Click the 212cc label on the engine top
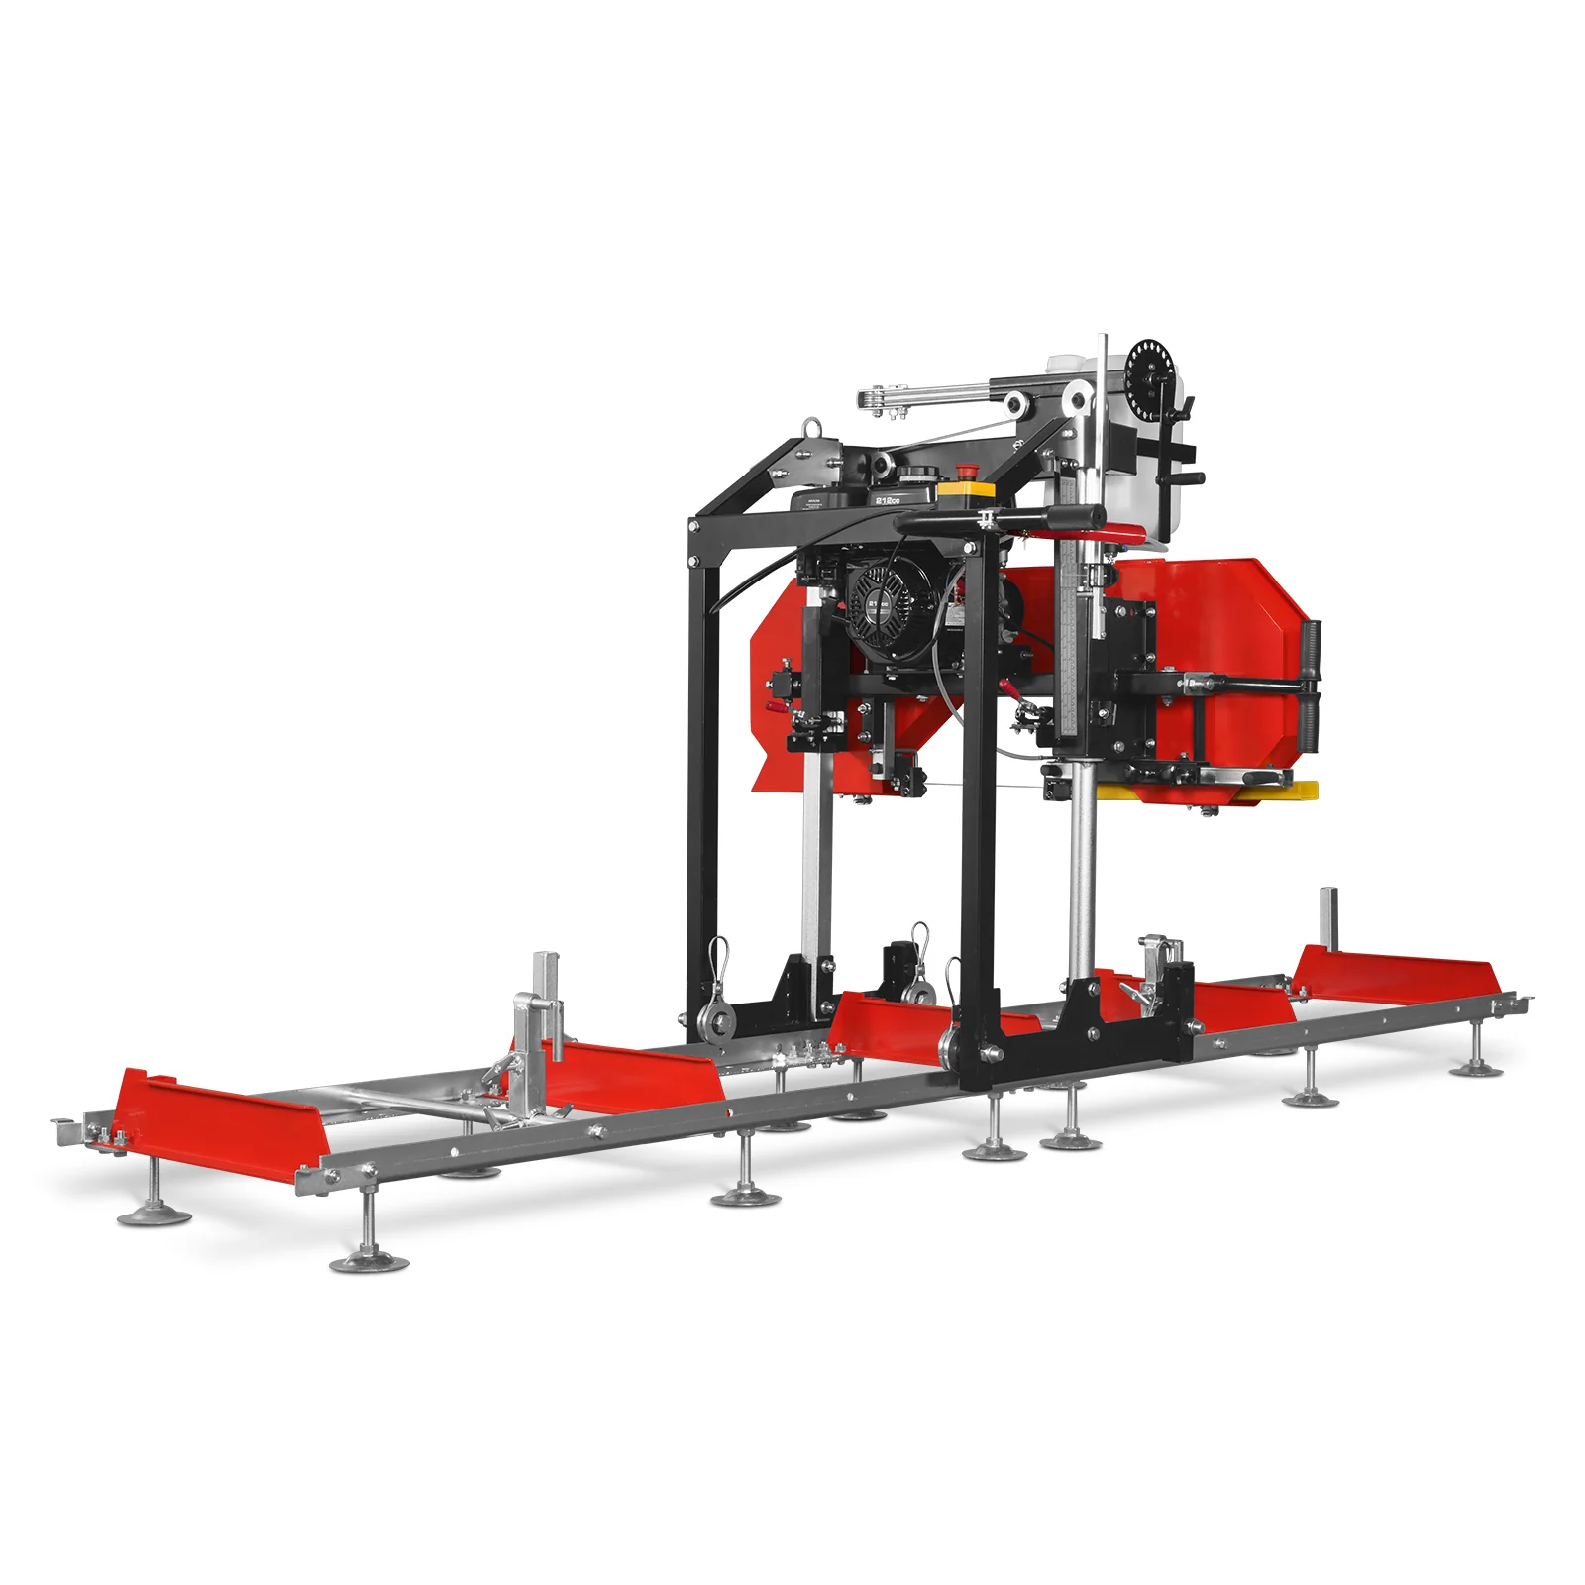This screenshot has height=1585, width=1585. (888, 501)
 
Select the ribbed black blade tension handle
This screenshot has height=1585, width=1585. (1314, 684)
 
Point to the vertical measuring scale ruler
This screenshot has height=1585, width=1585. (1068, 634)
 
